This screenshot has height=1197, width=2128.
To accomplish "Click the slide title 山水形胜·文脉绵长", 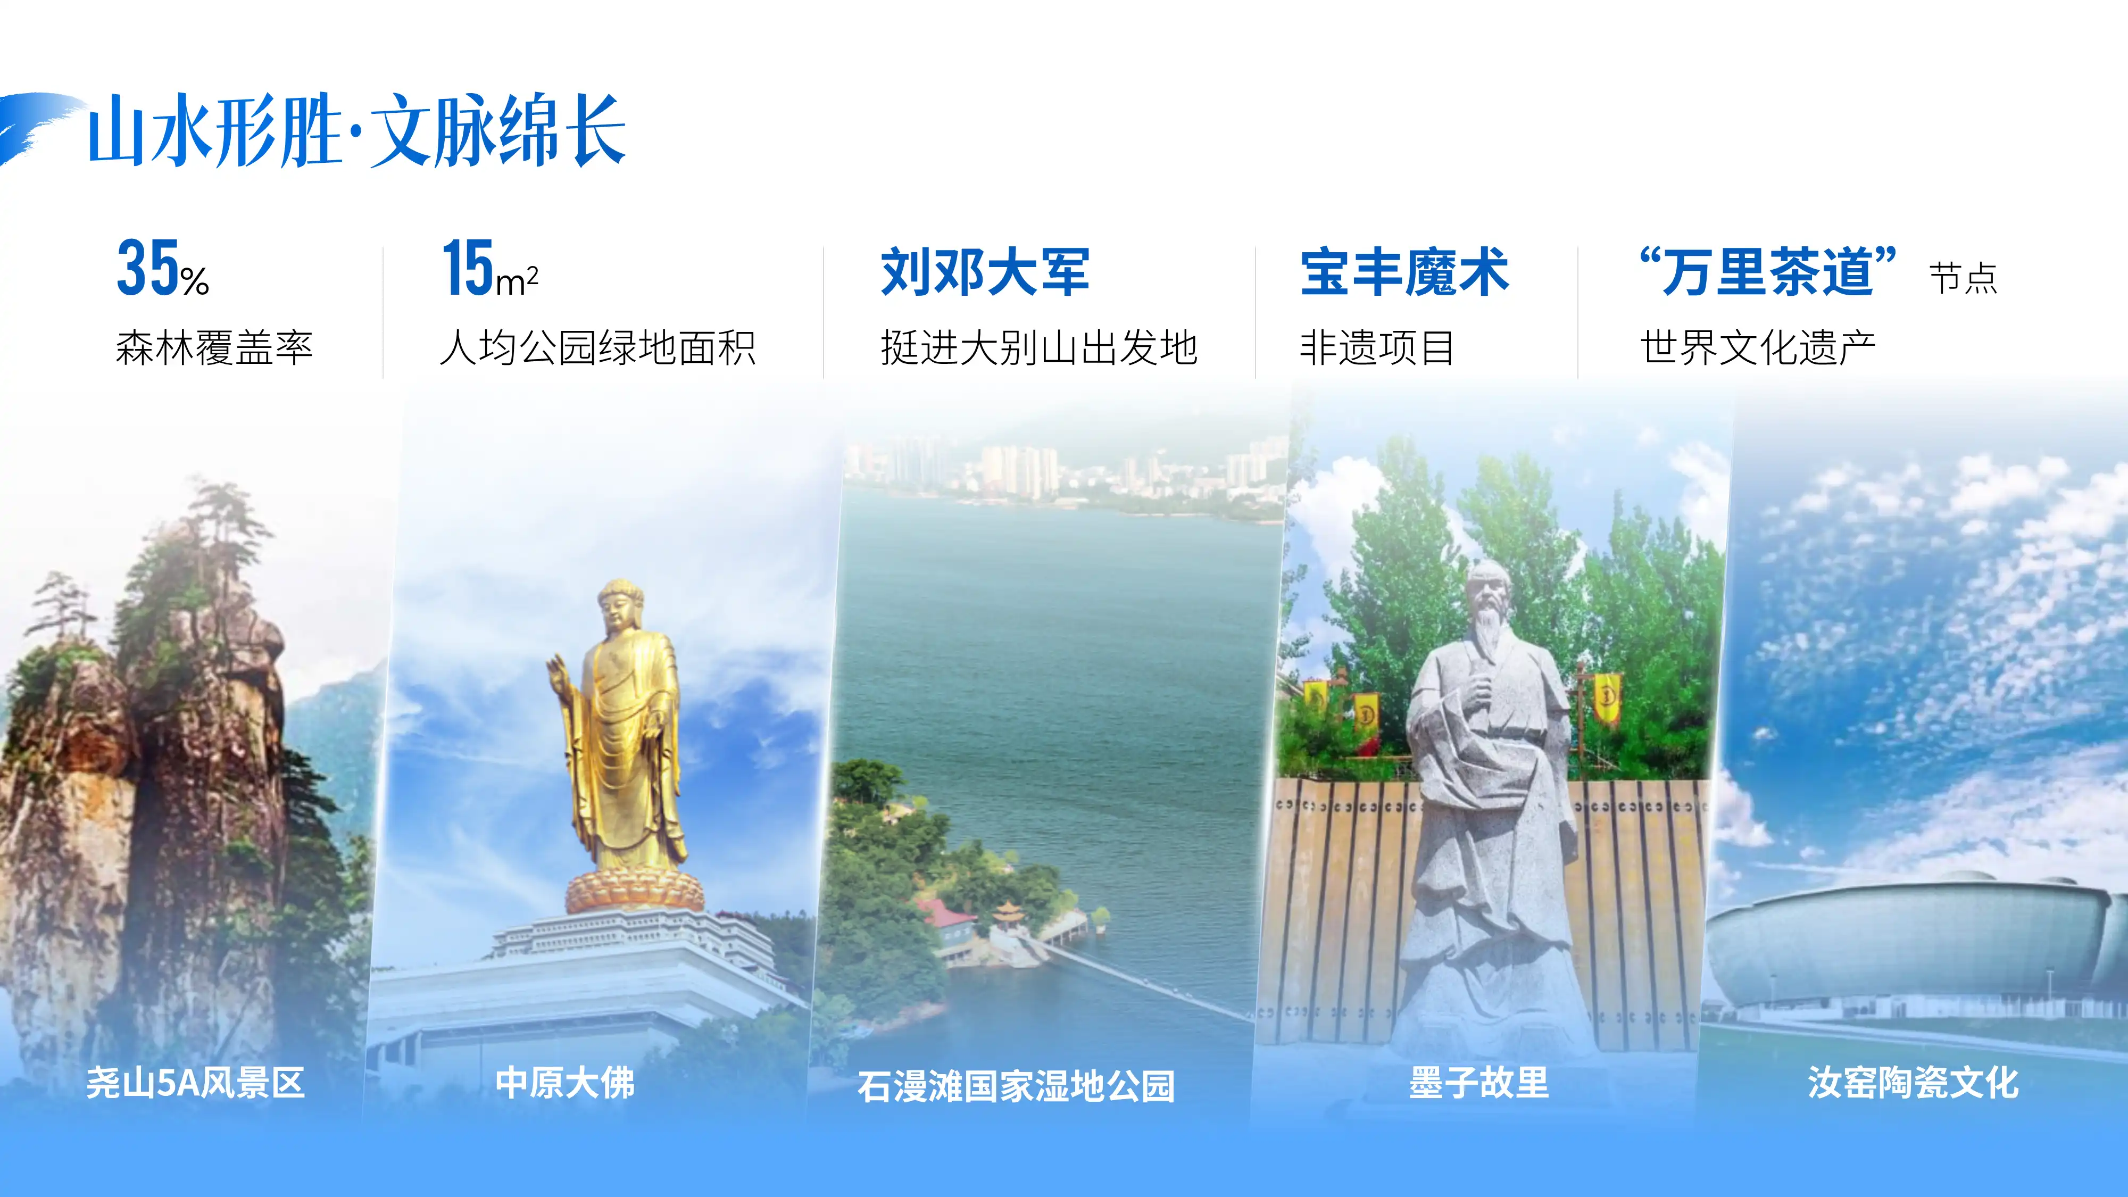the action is [x=357, y=130].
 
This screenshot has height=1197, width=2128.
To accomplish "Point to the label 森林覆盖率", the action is [x=214, y=347].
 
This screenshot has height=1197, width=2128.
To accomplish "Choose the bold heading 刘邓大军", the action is [x=985, y=271].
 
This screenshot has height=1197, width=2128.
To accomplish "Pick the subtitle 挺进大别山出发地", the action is [x=1038, y=347].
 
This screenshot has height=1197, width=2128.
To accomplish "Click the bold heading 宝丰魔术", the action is [x=1404, y=271].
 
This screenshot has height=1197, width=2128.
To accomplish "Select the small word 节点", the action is [x=1963, y=278].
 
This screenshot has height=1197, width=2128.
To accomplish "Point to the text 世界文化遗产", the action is [x=1758, y=347].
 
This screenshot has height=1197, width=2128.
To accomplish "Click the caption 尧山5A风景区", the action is [x=196, y=1082].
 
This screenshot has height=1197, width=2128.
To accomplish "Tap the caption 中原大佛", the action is [x=565, y=1082].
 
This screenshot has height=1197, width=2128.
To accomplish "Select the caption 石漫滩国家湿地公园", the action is [x=1016, y=1085].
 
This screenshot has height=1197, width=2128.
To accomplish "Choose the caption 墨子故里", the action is [x=1479, y=1082].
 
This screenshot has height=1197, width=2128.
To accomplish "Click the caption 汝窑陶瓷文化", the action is [x=1913, y=1082].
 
